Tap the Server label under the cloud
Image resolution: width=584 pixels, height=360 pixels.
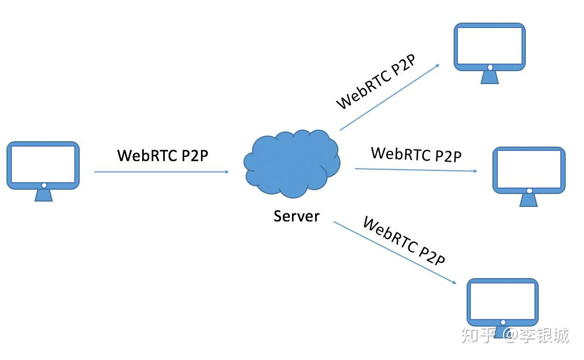(296, 216)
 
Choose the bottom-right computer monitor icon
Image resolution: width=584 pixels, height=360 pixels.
(502, 303)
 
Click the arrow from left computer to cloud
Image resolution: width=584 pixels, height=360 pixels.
(162, 172)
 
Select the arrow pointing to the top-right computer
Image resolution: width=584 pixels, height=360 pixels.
(390, 98)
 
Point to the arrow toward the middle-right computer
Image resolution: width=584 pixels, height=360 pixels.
(416, 170)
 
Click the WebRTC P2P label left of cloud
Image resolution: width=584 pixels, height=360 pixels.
(163, 155)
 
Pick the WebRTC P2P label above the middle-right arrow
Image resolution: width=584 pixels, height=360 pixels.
(416, 154)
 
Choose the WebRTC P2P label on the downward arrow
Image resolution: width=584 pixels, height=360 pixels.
(404, 241)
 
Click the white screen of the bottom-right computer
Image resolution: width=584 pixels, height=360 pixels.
(502, 301)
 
